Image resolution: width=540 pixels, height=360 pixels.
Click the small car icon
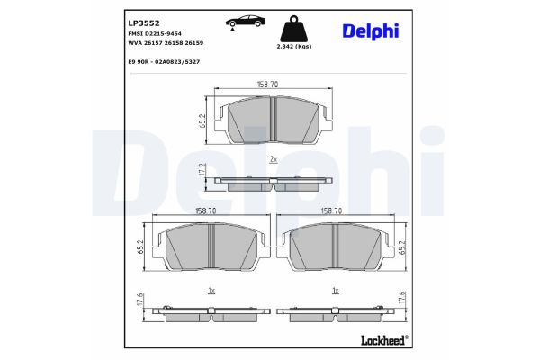click(x=238, y=22)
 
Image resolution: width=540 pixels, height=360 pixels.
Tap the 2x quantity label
click(x=272, y=158)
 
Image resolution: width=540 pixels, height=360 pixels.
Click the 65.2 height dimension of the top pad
click(x=202, y=121)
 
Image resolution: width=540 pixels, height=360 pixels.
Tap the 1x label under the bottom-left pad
click(x=210, y=291)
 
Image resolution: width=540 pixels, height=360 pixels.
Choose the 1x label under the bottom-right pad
click(x=335, y=291)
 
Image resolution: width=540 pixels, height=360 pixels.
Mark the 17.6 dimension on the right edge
click(x=404, y=303)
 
